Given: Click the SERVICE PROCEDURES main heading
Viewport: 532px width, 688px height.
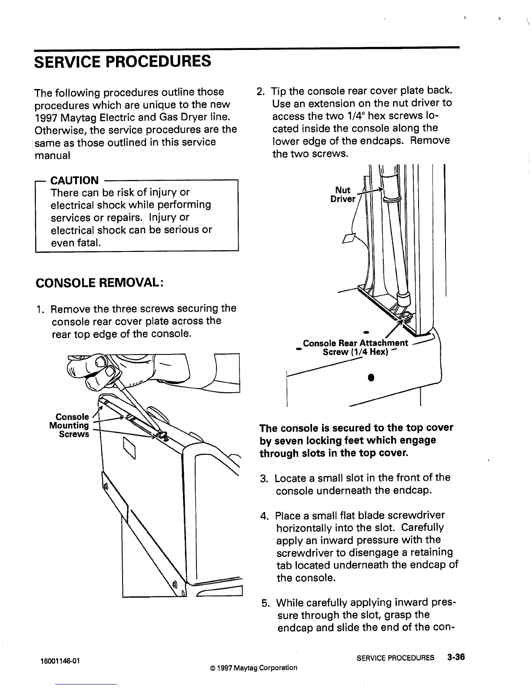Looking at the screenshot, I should (123, 61).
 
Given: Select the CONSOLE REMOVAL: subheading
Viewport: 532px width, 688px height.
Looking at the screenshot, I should (99, 283).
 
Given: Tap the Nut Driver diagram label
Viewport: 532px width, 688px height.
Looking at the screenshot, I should (343, 194).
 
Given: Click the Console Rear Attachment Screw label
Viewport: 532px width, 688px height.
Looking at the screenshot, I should (355, 347).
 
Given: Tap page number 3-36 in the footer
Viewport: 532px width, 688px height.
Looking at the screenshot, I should (456, 657).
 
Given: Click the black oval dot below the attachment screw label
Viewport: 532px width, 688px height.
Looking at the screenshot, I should (371, 376).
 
